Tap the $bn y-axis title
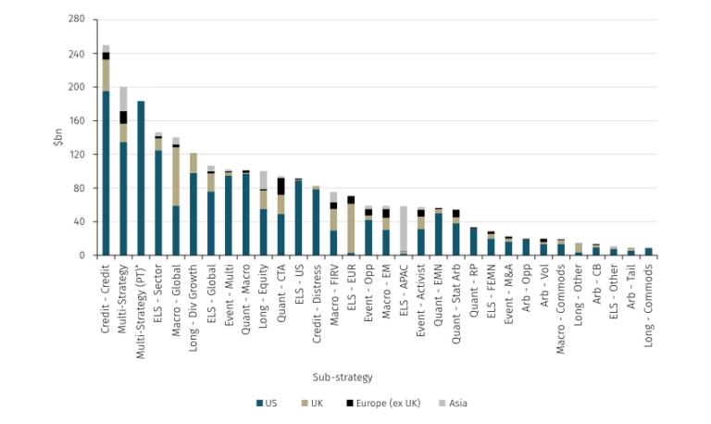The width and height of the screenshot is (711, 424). click(57, 137)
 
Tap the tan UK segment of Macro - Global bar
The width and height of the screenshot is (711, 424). click(176, 176)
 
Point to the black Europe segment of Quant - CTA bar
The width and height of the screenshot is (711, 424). click(281, 186)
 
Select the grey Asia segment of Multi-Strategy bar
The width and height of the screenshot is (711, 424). click(123, 99)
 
